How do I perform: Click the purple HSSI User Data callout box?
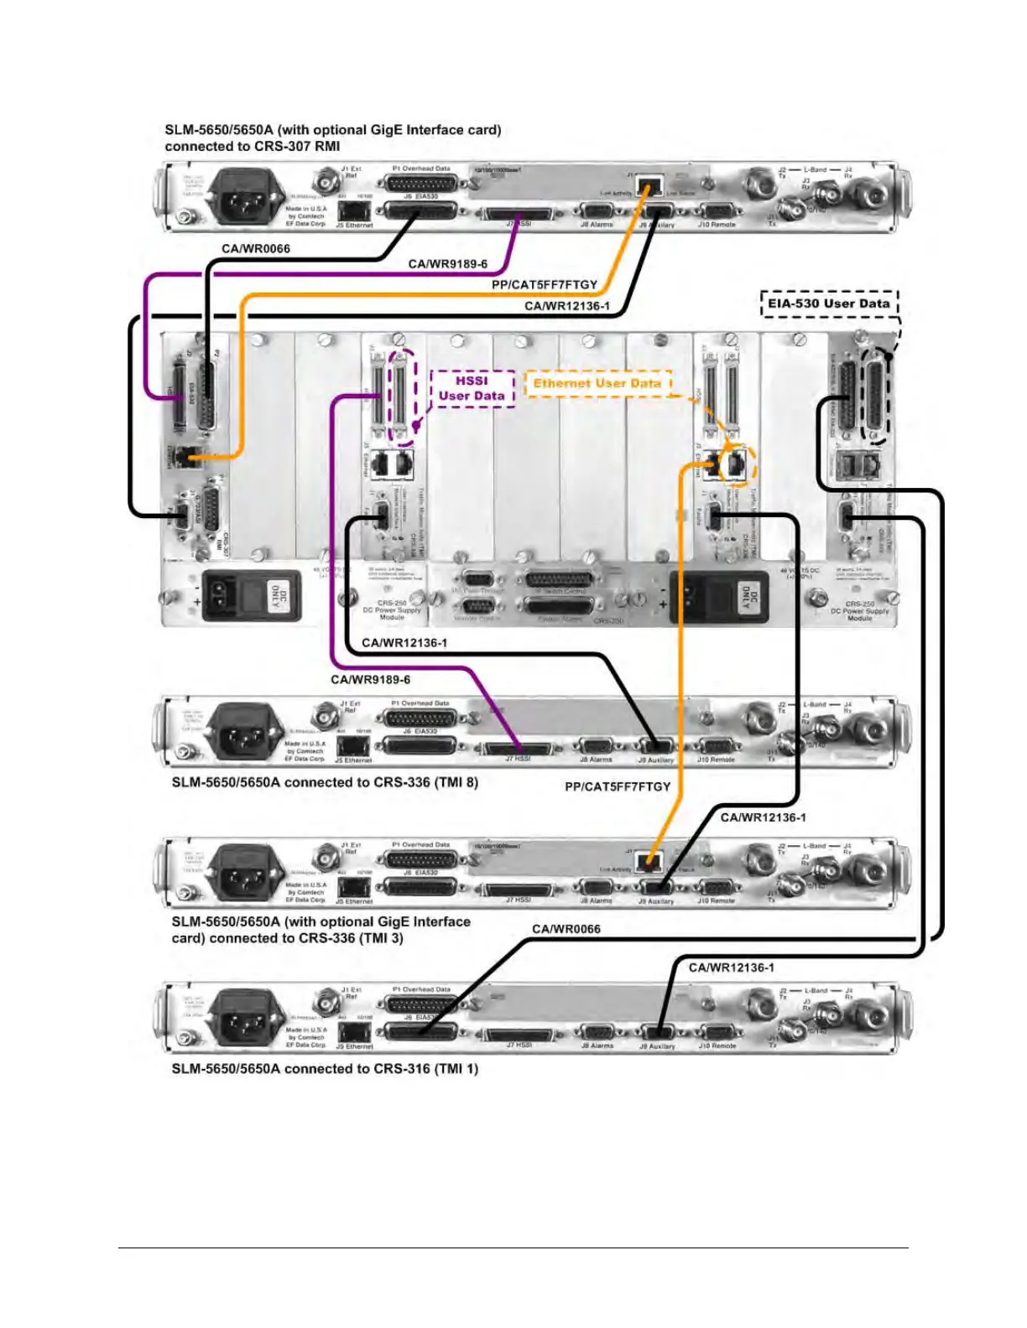[472, 388]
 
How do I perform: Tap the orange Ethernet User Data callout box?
[597, 384]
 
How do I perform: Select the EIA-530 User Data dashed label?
[828, 303]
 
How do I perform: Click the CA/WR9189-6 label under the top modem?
[447, 264]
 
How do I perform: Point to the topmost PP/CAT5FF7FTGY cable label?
[544, 285]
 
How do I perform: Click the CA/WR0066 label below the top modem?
[256, 248]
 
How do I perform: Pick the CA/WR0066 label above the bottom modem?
[566, 929]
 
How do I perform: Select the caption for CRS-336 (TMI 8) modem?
[325, 782]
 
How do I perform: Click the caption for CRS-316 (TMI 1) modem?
[325, 1069]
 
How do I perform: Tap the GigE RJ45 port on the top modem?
[649, 185]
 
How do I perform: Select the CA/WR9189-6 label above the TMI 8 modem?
[370, 679]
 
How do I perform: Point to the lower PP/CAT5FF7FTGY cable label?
[618, 786]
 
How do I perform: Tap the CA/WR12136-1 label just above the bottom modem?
[731, 967]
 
